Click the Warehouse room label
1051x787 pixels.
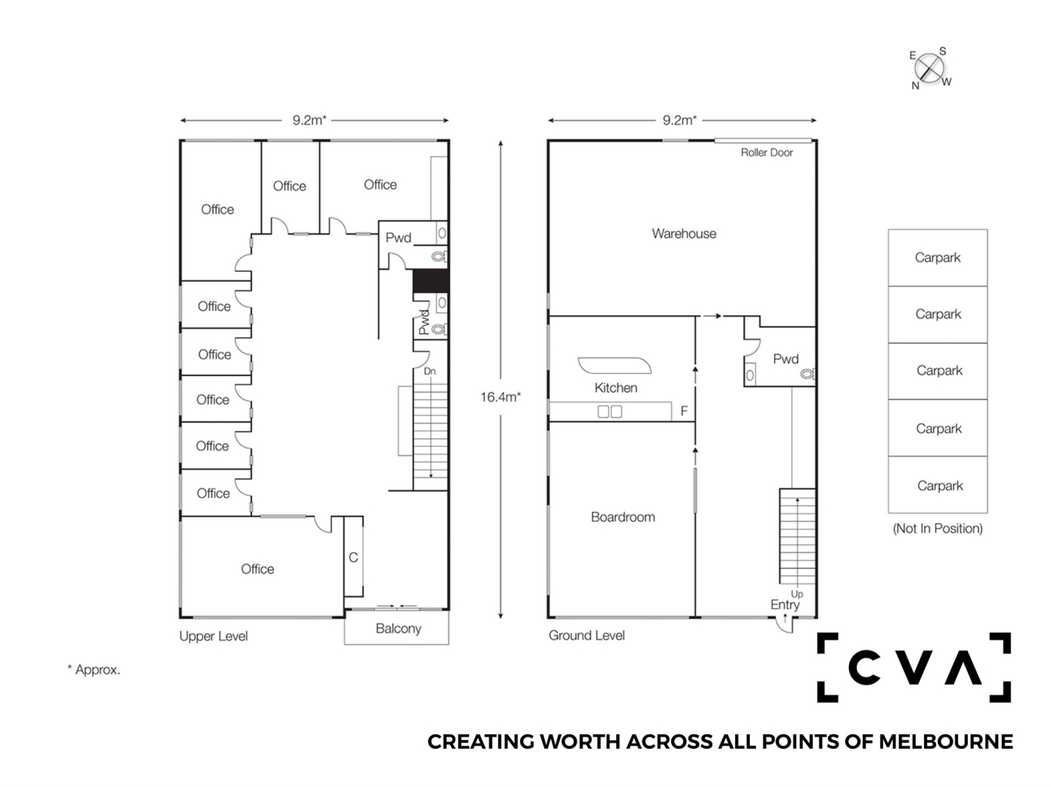pyautogui.click(x=683, y=234)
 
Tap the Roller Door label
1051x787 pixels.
pyautogui.click(x=766, y=152)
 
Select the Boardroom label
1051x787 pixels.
pyautogui.click(x=622, y=517)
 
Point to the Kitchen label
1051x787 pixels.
pyautogui.click(x=616, y=387)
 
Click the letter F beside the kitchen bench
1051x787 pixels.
pyautogui.click(x=684, y=411)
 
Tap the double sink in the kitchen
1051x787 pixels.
pyautogui.click(x=610, y=411)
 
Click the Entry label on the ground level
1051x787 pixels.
pyautogui.click(x=784, y=605)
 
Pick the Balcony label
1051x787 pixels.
pyautogui.click(x=398, y=629)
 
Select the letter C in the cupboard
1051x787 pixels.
pyautogui.click(x=354, y=557)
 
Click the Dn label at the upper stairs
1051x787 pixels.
pyautogui.click(x=429, y=371)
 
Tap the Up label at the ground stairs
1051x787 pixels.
pyautogui.click(x=797, y=595)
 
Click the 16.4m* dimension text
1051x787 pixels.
pyautogui.click(x=501, y=397)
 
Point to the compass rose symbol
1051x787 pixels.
pyautogui.click(x=929, y=68)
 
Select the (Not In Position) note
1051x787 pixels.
pyautogui.click(x=938, y=529)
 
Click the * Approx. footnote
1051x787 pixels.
pyautogui.click(x=94, y=669)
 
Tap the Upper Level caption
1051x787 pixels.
pyautogui.click(x=213, y=636)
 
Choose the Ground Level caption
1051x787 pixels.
pyautogui.click(x=586, y=635)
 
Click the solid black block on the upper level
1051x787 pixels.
pyautogui.click(x=430, y=281)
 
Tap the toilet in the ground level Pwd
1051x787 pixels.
pyautogui.click(x=808, y=374)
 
